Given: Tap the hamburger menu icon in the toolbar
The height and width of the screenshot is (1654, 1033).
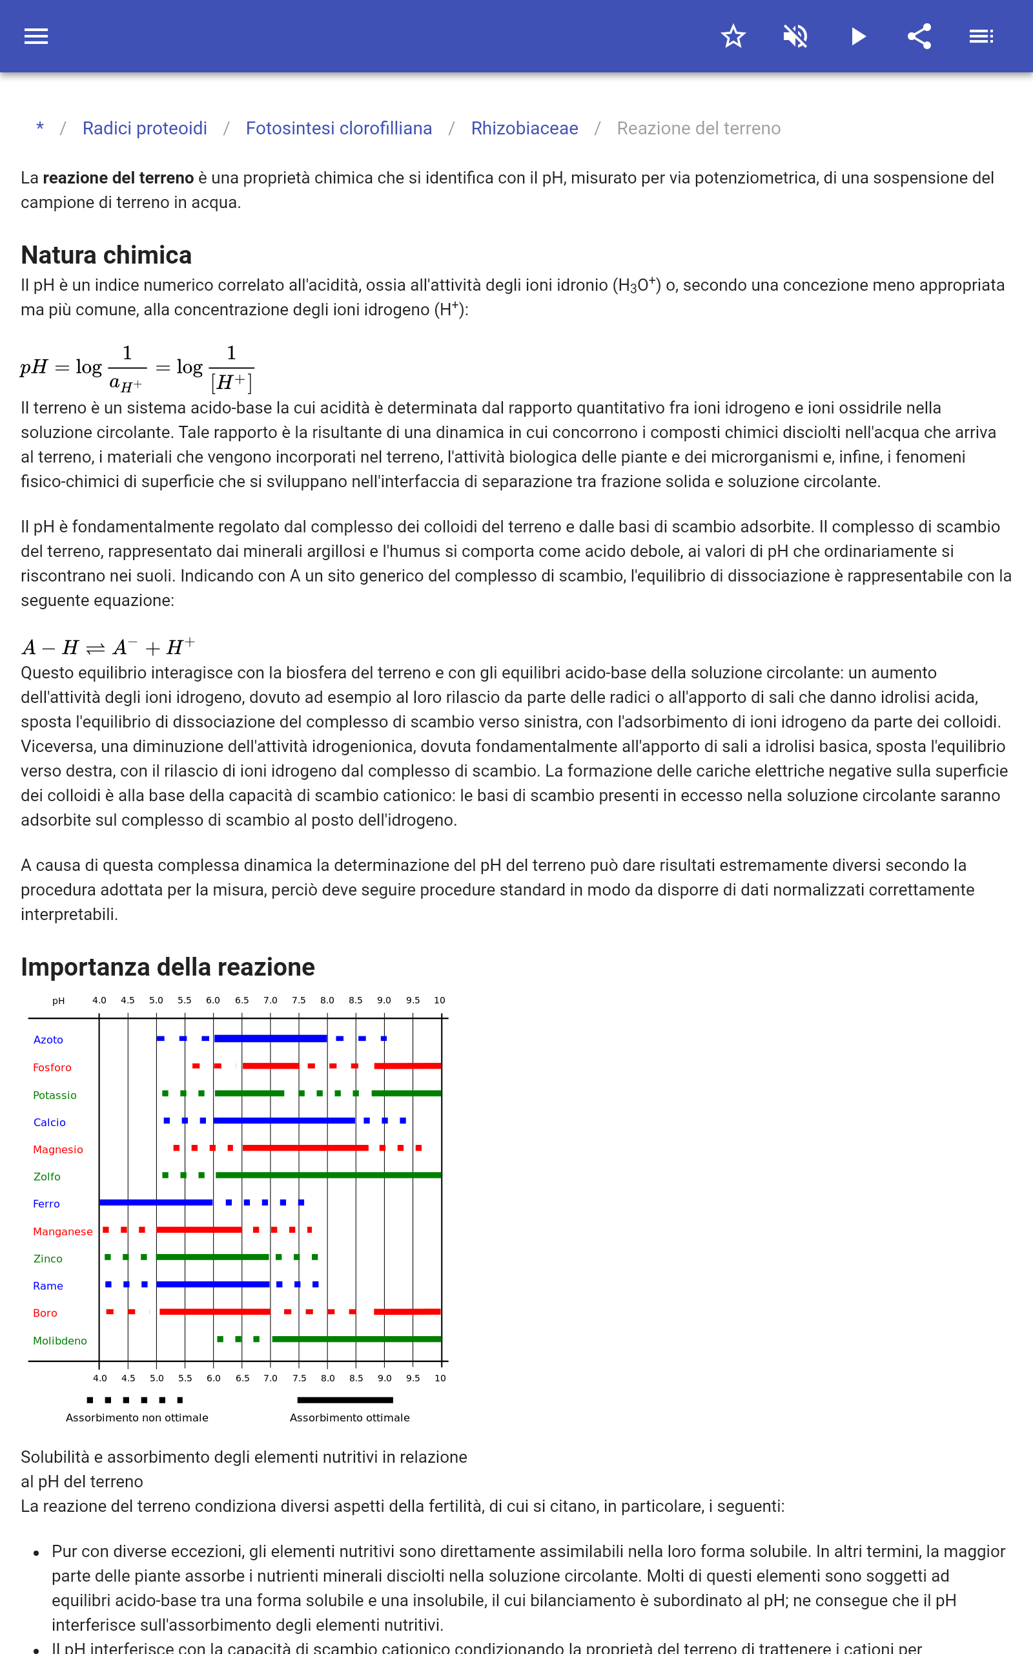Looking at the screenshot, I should click(36, 36).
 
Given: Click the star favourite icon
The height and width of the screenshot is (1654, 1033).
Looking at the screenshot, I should click(733, 36).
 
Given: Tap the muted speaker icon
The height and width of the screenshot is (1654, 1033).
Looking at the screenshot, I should click(795, 36).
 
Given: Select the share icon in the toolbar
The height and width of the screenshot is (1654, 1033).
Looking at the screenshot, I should click(919, 36).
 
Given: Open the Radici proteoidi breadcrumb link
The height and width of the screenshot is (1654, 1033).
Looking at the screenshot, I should click(145, 129).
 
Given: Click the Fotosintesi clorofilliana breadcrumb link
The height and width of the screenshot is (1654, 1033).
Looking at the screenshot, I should click(339, 129).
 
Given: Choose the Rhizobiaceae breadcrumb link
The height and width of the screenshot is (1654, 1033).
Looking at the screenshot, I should click(525, 129).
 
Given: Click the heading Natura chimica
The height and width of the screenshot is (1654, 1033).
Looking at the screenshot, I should click(106, 255).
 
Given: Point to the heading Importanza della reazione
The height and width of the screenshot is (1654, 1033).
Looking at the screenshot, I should click(167, 967).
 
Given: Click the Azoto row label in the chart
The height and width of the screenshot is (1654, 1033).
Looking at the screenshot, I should click(48, 1040).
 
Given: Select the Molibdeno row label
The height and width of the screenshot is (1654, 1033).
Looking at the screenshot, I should click(60, 1341).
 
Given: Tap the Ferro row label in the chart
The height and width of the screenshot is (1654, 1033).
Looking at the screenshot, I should click(46, 1204).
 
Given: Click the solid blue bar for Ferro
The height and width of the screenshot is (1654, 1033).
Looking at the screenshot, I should click(156, 1202).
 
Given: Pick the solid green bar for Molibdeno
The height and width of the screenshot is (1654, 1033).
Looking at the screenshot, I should click(356, 1339).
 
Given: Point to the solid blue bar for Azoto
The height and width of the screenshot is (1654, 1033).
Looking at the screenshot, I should click(271, 1038).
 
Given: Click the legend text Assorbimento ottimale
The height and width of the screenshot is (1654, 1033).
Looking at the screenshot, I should click(350, 1418).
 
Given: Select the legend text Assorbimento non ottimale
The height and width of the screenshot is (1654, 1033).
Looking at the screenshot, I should click(137, 1418).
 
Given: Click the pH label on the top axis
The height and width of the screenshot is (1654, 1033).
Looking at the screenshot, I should click(59, 1001).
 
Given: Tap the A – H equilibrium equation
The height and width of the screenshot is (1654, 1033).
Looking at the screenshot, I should click(108, 647).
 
